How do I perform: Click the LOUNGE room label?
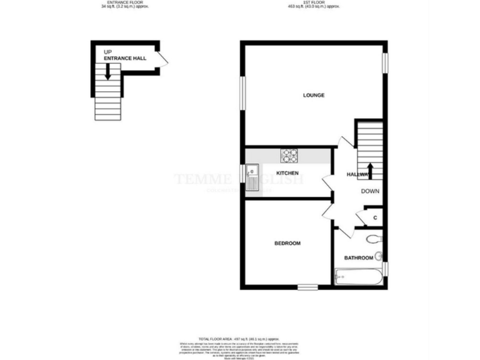pos(313,95)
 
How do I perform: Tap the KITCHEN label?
pos(287,172)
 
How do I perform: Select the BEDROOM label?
pos(287,243)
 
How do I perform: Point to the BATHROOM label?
pos(359,257)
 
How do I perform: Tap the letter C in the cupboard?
pos(374,217)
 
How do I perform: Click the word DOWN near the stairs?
pos(370,191)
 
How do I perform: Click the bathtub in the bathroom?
pos(357,275)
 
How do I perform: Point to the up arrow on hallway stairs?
pos(369,171)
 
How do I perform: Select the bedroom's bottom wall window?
pos(307,287)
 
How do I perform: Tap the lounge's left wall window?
pos(242,94)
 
